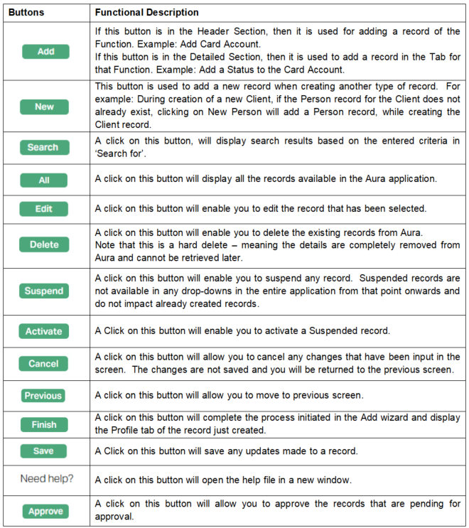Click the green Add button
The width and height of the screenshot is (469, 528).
45,51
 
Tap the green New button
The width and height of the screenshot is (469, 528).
44,107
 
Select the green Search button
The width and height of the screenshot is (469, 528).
43,148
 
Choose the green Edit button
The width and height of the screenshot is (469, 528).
44,209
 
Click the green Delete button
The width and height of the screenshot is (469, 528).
44,244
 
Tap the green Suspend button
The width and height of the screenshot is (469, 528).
44,291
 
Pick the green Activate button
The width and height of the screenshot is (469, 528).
44,331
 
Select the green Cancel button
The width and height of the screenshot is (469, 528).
43,364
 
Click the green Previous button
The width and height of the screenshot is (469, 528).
43,396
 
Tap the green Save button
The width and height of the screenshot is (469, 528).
43,451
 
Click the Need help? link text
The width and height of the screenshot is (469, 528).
46,478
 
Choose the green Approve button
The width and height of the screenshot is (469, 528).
45,511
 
